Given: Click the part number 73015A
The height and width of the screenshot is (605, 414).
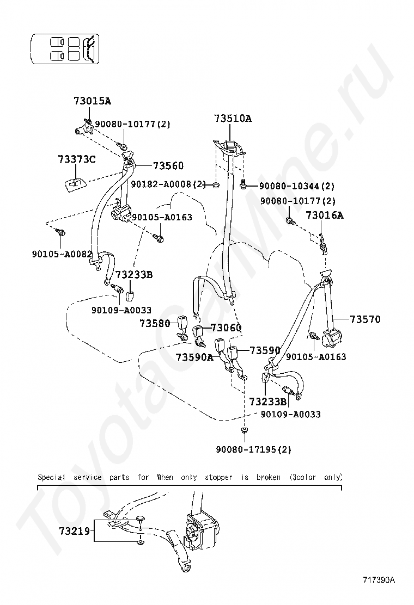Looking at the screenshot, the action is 92,101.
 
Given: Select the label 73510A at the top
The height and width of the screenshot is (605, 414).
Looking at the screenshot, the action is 233,118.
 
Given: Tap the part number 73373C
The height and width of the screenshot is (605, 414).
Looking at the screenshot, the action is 76,159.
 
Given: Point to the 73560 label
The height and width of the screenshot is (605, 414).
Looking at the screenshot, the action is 168,166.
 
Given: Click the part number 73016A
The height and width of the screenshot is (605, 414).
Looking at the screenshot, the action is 324,215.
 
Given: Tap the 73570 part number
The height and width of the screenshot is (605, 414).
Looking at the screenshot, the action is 365,319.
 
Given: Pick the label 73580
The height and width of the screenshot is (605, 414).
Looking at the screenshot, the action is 155,323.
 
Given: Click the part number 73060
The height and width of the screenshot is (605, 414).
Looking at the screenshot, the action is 226,328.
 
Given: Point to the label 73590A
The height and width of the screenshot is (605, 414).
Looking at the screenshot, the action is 194,357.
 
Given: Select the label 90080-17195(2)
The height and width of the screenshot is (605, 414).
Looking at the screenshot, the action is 253,449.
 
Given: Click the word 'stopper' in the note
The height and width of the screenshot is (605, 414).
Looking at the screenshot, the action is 218,477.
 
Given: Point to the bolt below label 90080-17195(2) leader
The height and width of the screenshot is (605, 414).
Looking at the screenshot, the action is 243,431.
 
